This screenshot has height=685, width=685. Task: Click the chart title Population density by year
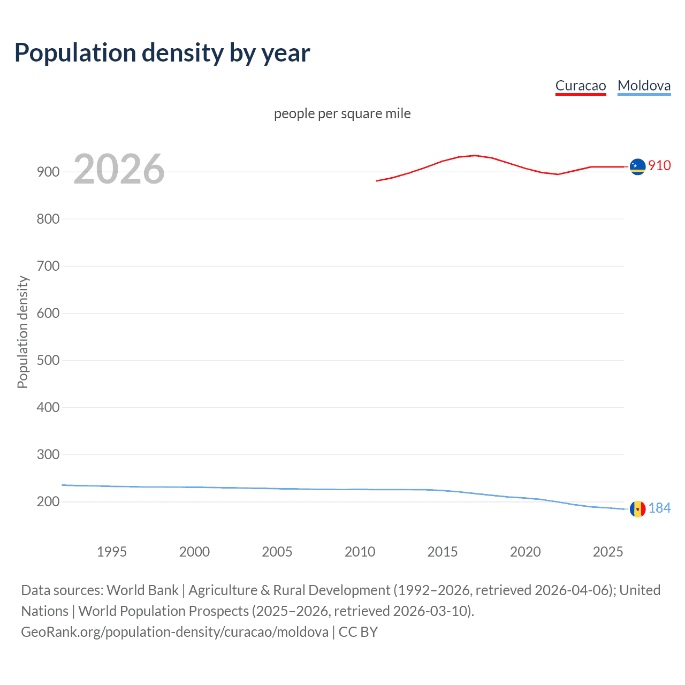click(162, 53)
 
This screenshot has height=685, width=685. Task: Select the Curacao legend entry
click(581, 86)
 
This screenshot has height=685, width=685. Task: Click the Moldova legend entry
click(644, 86)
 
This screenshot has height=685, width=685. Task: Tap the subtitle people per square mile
click(342, 113)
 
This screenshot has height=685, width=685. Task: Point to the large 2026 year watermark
click(119, 169)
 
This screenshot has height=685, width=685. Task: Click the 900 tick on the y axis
click(48, 172)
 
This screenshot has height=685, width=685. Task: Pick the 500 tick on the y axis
click(48, 360)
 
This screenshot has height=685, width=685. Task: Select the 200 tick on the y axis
click(48, 501)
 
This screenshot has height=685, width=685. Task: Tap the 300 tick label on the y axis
click(48, 454)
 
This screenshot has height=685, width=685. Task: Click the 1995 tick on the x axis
click(112, 552)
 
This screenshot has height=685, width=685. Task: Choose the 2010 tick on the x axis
click(360, 552)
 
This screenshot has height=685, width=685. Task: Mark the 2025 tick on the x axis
click(608, 552)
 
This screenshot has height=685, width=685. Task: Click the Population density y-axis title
click(22, 332)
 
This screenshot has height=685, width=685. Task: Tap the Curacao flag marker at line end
click(637, 167)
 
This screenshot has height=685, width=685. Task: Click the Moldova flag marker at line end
click(637, 509)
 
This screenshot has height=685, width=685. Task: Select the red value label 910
click(659, 165)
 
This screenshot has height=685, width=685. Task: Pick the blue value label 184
click(659, 508)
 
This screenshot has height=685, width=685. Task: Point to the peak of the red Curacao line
click(475, 155)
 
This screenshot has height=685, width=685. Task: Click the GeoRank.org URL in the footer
click(174, 632)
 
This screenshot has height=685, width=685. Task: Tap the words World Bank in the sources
click(142, 590)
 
